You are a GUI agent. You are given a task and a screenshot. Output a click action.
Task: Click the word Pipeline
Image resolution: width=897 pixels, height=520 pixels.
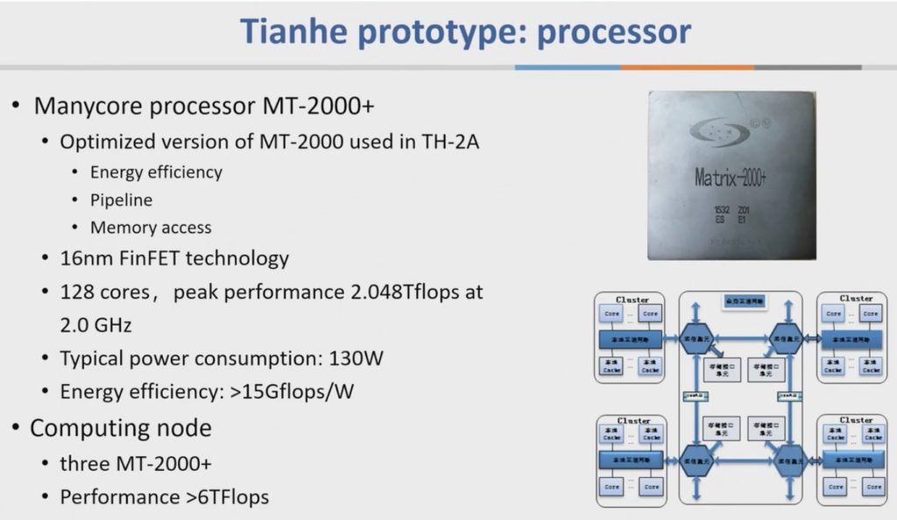coord(121,200)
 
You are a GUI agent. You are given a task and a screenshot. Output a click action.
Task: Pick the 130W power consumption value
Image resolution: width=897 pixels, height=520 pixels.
coord(357,358)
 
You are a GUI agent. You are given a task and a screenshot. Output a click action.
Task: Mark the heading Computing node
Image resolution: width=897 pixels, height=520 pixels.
coord(121,428)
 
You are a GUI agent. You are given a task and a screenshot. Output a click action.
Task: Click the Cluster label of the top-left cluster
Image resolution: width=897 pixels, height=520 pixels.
coord(632,299)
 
